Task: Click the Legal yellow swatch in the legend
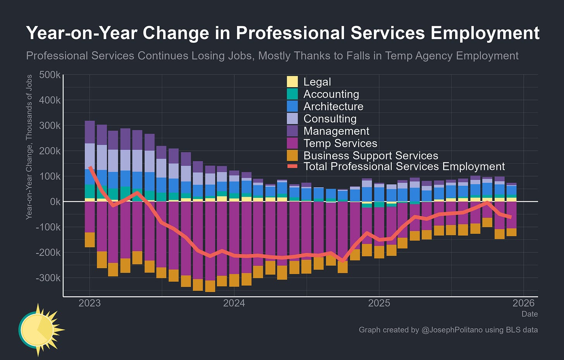[292, 82]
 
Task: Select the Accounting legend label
[331, 94]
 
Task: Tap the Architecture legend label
[333, 106]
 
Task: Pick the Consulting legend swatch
[292, 118]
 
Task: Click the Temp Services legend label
[340, 143]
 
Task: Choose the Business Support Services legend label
[371, 156]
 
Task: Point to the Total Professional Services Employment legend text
[404, 166]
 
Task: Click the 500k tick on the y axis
[50, 75]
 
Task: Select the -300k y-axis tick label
[48, 278]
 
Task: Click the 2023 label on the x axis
[89, 303]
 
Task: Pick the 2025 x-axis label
[379, 303]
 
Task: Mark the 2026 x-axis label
[524, 303]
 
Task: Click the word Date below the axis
[530, 314]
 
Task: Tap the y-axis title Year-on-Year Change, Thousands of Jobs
[29, 147]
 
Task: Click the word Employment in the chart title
[485, 33]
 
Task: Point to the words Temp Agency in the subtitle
[419, 56]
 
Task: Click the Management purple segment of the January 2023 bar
[89, 132]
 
